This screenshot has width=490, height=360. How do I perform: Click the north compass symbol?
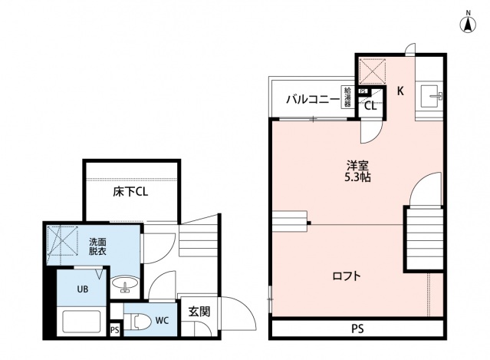[468, 24]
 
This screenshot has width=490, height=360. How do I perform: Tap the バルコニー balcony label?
[313, 100]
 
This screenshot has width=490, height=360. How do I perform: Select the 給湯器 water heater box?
[347, 97]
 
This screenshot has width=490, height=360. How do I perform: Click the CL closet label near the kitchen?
[370, 107]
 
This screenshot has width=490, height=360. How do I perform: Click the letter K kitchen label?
[400, 91]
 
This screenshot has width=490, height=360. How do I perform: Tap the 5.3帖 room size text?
[357, 177]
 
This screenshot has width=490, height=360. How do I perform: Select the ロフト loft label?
[347, 276]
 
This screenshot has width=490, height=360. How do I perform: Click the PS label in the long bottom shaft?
[358, 329]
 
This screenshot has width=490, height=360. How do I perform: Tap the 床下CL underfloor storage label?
[130, 192]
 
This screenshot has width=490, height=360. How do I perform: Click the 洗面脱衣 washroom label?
[97, 246]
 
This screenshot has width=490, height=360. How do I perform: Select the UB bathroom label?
[83, 289]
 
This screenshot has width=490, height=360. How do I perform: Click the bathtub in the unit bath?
[81, 322]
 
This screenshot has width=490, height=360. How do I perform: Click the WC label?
[163, 321]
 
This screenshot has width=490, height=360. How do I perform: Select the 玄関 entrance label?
[199, 312]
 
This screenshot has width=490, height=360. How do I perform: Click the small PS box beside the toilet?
[115, 330]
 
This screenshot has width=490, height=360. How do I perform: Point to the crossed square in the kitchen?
[372, 71]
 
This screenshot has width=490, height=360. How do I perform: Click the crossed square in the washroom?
[62, 241]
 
